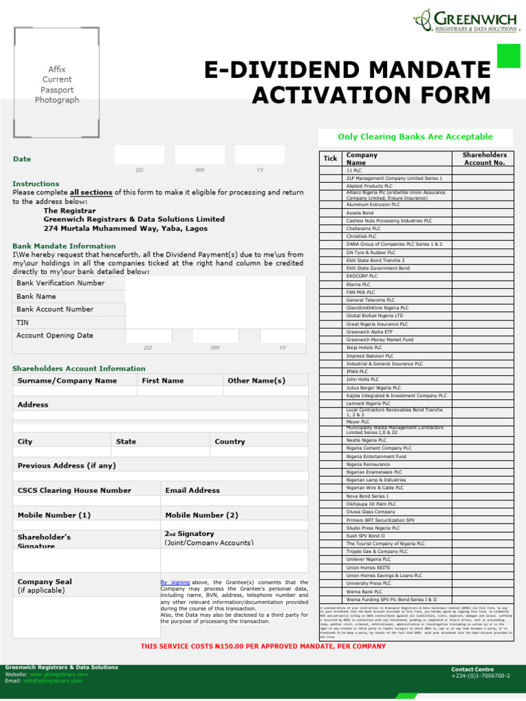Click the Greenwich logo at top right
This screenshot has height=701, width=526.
(x=465, y=21)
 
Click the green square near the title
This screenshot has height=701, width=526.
(x=508, y=55)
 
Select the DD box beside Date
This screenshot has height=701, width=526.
(x=140, y=155)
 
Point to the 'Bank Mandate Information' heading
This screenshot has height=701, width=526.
(x=64, y=246)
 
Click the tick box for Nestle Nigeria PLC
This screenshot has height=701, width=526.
(x=330, y=440)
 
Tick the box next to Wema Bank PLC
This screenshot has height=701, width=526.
(x=330, y=591)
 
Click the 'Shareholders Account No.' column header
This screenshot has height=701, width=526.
(x=484, y=159)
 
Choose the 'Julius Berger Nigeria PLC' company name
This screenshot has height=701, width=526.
(x=373, y=387)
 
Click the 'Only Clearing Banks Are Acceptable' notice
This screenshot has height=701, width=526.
(x=415, y=137)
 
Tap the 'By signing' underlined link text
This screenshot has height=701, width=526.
(x=175, y=583)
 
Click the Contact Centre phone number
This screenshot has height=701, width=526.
(x=480, y=676)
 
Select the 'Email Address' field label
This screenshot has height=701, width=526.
(x=192, y=491)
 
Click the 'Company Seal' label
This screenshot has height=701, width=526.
(x=45, y=582)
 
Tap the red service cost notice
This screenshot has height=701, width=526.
(x=263, y=646)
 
